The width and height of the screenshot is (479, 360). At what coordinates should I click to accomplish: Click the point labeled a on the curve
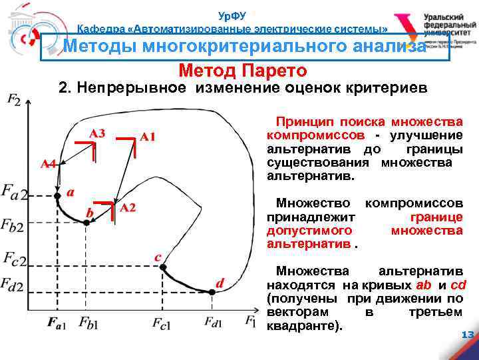click(x=57, y=196)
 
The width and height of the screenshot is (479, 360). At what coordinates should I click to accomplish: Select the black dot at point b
click(x=86, y=223)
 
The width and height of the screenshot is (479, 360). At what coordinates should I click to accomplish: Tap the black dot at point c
click(x=162, y=267)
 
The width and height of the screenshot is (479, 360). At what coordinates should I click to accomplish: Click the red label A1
click(x=148, y=137)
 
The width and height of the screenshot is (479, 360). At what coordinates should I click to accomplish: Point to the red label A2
click(x=128, y=208)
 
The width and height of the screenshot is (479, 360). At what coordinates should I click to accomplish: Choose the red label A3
click(x=97, y=133)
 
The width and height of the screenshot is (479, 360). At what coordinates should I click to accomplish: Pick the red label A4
click(x=47, y=164)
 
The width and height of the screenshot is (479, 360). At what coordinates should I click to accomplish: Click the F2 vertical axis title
click(x=14, y=100)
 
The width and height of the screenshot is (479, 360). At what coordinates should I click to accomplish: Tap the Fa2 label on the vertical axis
click(x=14, y=195)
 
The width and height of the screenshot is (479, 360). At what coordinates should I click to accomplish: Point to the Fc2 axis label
click(x=15, y=258)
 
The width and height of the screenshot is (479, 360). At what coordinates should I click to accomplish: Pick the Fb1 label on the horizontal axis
click(x=88, y=323)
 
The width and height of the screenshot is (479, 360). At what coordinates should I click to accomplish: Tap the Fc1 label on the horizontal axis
click(x=162, y=324)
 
